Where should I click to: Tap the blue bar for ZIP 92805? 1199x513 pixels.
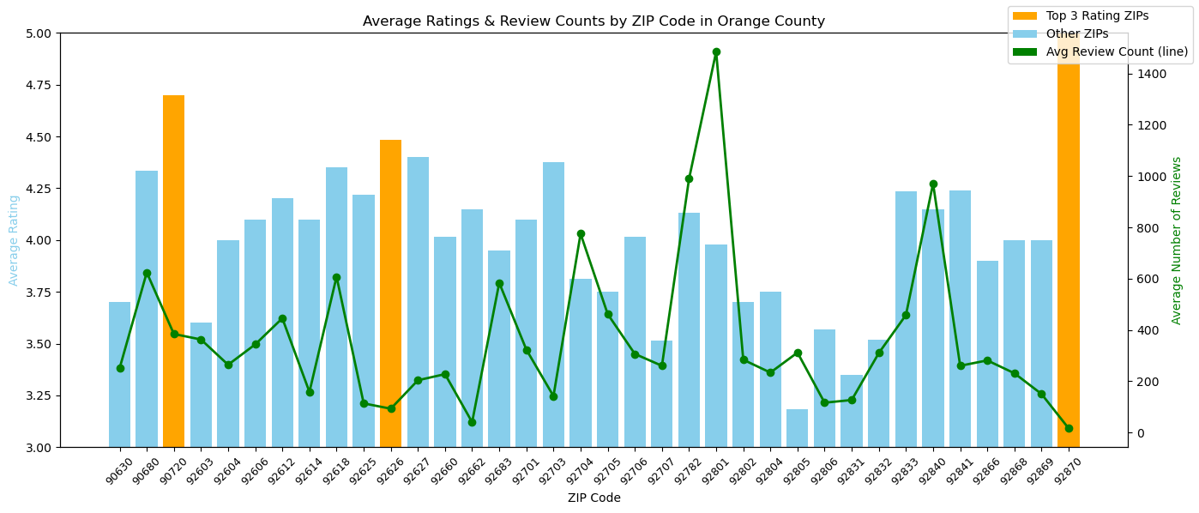(x=797, y=428)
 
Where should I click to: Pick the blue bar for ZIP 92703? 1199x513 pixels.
(x=553, y=304)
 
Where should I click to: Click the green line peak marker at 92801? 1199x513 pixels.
(x=716, y=52)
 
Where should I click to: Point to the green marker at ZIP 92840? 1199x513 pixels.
(x=933, y=184)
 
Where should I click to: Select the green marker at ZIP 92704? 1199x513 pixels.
(x=581, y=233)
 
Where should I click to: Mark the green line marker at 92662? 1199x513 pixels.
(x=472, y=422)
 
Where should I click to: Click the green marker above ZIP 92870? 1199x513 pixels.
(x=1069, y=428)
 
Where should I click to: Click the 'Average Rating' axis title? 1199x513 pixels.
(x=14, y=240)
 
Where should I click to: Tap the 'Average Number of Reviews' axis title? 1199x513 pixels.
(x=1177, y=240)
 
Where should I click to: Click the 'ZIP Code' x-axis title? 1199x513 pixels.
(x=593, y=498)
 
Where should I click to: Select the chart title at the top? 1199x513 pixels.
(x=593, y=21)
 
